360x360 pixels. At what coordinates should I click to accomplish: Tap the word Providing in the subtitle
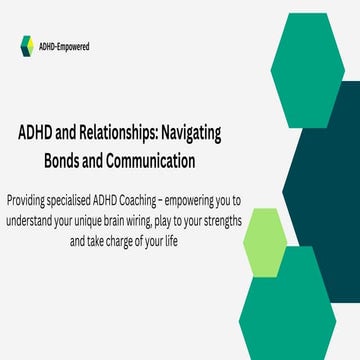(29, 198)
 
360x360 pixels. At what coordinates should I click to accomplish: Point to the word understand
(40, 219)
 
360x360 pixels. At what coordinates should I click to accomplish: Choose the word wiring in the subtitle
(198, 219)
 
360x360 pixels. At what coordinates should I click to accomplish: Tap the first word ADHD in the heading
(38, 134)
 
